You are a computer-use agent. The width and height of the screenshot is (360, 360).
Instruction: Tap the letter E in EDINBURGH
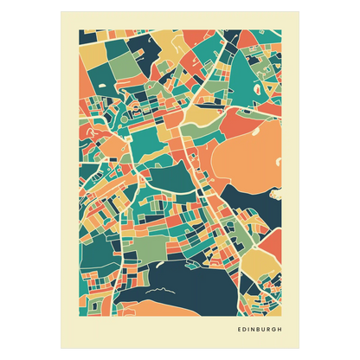(239, 328)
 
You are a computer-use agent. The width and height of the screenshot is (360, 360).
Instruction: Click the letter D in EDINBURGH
(244, 328)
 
